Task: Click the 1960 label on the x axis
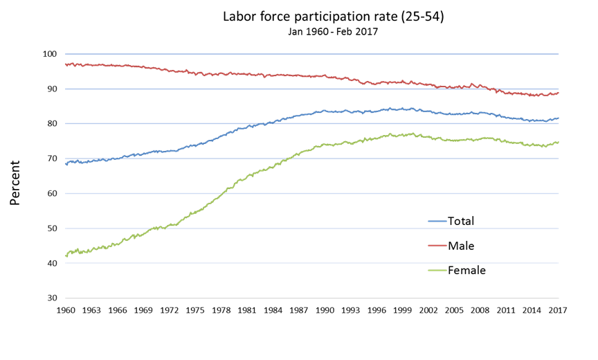(x=66, y=310)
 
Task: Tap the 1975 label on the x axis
(x=195, y=310)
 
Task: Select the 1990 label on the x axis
(x=325, y=310)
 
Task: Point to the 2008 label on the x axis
(x=480, y=310)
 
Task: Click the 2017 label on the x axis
(x=558, y=310)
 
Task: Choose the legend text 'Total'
(x=461, y=222)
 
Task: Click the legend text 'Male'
(x=461, y=246)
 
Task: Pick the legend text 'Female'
(x=466, y=270)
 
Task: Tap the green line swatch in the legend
(x=436, y=270)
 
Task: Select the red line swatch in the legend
(x=436, y=246)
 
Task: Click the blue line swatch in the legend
(x=436, y=222)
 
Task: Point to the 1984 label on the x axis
(x=273, y=310)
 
